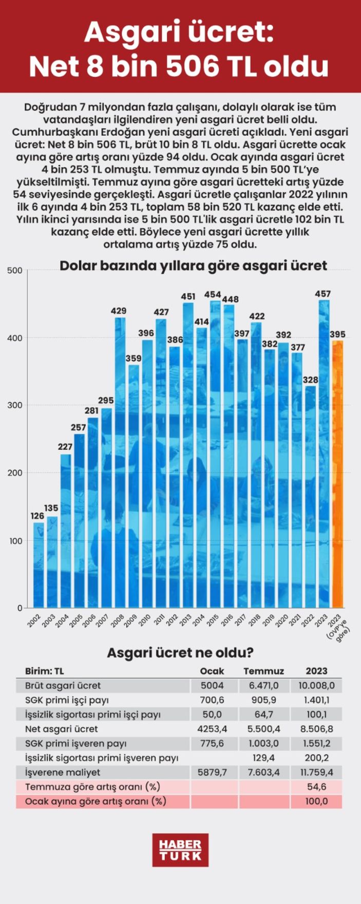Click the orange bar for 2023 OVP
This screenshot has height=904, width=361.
[x=337, y=473]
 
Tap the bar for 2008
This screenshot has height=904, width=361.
[x=120, y=463]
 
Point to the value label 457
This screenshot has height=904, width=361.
[x=323, y=294]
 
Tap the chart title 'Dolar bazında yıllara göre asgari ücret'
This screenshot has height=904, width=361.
[x=193, y=265]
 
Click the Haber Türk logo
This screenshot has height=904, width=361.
[x=180, y=850]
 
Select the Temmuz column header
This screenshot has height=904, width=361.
[x=263, y=671]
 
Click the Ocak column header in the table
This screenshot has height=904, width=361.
[x=212, y=671]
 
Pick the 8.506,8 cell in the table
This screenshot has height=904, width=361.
[x=316, y=729]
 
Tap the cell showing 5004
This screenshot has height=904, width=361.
[x=212, y=685]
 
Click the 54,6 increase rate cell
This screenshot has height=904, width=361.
[x=316, y=787]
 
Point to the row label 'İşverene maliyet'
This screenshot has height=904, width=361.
[x=63, y=772]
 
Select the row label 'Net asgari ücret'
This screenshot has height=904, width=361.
[x=61, y=729]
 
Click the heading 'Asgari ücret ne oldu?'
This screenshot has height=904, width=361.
[x=180, y=653]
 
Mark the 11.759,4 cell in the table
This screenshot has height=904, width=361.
[x=316, y=772]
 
